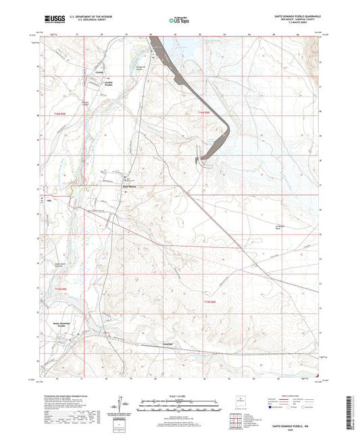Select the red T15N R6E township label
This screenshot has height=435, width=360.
coord(210,301)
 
